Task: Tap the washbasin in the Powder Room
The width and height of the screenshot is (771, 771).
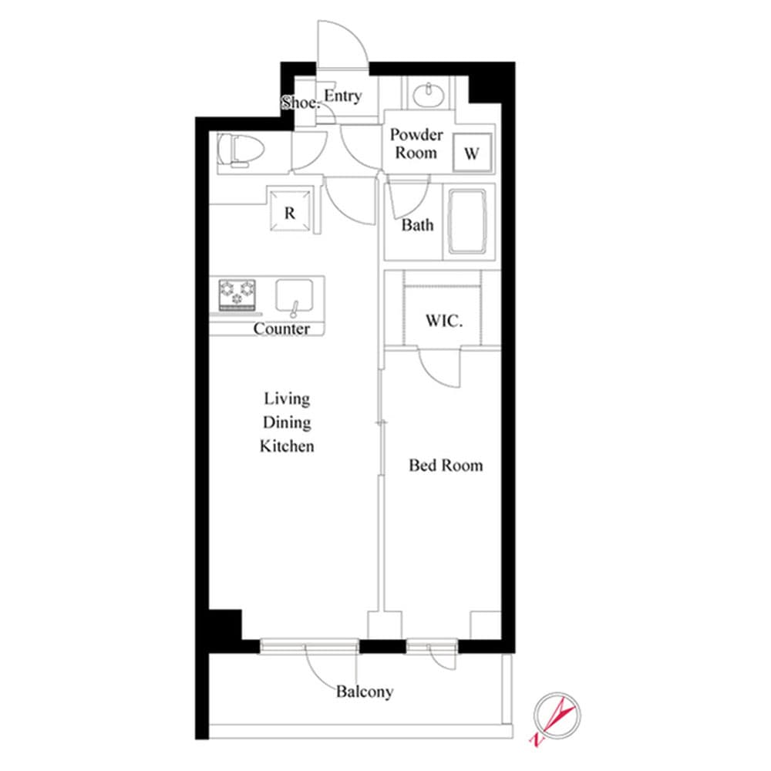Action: coord(426,95)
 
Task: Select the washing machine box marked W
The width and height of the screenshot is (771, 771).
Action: coord(472,153)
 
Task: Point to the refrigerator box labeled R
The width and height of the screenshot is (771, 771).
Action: coord(290,212)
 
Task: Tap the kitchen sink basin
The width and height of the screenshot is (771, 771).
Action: coord(295,297)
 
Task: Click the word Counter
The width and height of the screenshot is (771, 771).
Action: coord(282,329)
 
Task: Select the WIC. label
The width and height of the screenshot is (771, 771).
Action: coord(443,322)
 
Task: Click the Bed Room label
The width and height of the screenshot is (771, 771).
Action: coord(446,465)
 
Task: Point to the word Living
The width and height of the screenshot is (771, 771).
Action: coord(287,399)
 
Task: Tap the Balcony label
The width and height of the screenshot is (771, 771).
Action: coord(364,692)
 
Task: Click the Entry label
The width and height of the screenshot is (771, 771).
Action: coord(342,96)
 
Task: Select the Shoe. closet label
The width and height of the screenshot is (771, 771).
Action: coord(299,103)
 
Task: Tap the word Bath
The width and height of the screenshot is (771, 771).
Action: coord(417,225)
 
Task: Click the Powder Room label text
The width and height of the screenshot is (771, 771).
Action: coord(416,143)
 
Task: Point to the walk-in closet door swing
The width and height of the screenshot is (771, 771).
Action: coord(440,367)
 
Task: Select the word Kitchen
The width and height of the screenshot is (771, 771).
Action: coord(287,446)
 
